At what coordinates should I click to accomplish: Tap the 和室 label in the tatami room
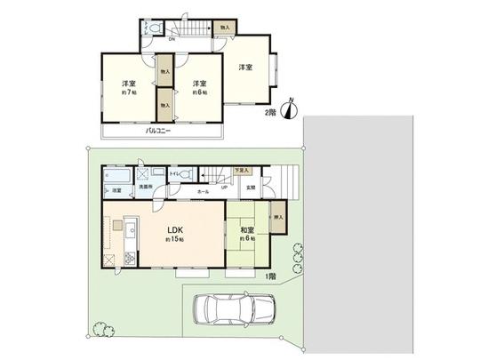(246, 231)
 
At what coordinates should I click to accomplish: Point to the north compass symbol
(290, 109)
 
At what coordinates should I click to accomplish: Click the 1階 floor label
(270, 276)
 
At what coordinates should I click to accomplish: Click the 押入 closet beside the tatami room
(278, 218)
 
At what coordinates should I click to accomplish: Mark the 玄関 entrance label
(251, 188)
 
